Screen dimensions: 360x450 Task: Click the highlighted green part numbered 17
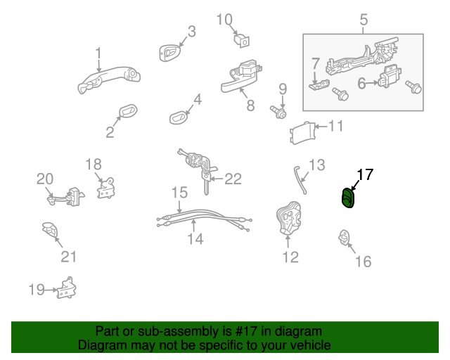348,200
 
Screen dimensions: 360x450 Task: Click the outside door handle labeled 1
105,78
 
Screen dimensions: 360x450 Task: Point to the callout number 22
232,179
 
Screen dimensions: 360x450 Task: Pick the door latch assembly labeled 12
288,220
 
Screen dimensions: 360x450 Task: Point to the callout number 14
195,239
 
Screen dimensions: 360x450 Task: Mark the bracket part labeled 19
67,288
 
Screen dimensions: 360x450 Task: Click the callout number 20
45,179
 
